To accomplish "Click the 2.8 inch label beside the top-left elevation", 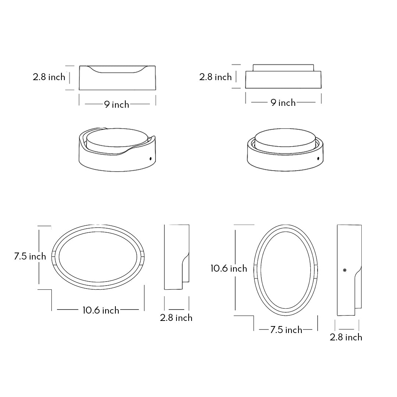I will click(49, 77).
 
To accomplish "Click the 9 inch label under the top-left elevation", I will click(117, 104).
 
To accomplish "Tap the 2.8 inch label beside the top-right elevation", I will click(215, 77).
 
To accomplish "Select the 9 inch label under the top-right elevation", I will click(283, 103).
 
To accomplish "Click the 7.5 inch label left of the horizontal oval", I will click(30, 256).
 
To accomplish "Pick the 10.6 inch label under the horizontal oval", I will click(101, 310).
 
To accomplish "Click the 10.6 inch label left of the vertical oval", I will click(229, 268).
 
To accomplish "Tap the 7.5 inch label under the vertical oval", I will click(286, 330).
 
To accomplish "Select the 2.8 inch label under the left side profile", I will click(176, 318).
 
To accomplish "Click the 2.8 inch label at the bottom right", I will click(346, 337).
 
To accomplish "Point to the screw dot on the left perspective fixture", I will click(150, 158).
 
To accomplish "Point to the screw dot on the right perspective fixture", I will click(318, 159).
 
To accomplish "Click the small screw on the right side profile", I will click(344, 271).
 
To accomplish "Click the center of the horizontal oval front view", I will click(98, 257).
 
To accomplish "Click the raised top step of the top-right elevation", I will click(283, 68).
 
